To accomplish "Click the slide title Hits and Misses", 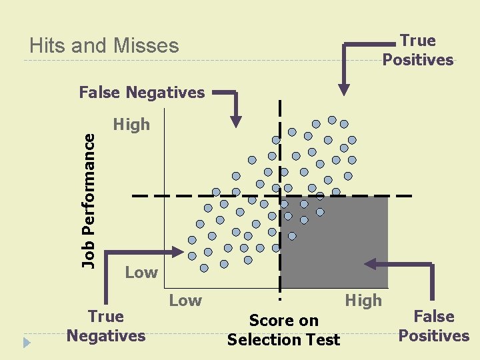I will coord(105,46).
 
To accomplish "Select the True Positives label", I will coord(418,50).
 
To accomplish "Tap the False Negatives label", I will coord(142,93).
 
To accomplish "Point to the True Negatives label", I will coord(106,326).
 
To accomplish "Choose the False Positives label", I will coord(434,326).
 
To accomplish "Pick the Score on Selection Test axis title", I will coord(284,330).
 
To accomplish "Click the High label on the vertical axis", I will coord(132,125).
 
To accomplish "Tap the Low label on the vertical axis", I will coord(141,272).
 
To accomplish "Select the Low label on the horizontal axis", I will coord(185,301).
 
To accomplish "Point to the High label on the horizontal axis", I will coord(363,301).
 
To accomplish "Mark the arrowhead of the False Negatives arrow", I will coord(236,121).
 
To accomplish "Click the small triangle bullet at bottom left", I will coord(27,343).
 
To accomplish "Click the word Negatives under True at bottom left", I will coord(106,335).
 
